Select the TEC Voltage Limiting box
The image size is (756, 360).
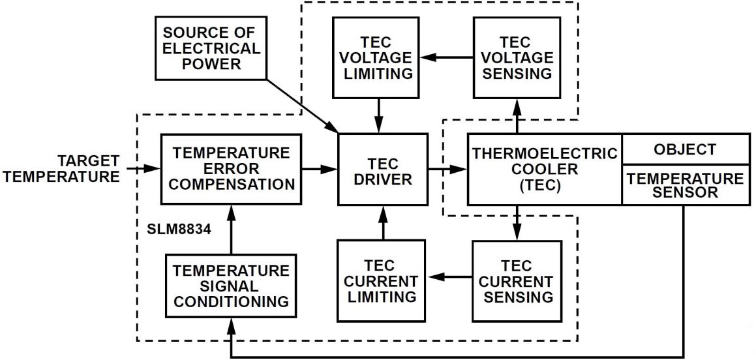376,57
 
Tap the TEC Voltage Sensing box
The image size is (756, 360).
516,57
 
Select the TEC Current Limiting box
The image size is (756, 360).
381,280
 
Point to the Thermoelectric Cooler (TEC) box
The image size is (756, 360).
545,169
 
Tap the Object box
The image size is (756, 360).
685,149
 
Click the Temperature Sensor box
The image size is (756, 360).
685,185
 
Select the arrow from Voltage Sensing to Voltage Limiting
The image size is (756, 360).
446,57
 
